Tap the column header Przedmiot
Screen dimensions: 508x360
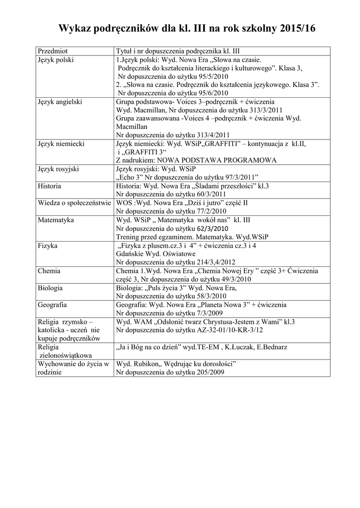pos(53,51)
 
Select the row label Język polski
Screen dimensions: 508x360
pos(56,60)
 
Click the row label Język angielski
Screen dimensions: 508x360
pos(60,102)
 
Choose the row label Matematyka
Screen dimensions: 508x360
pos(56,219)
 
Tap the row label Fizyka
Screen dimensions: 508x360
pos(48,245)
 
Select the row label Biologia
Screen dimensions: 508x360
pos(50,288)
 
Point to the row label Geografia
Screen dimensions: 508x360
pos(53,305)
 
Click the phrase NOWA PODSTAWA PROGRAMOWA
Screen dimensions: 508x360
pos(216,160)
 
